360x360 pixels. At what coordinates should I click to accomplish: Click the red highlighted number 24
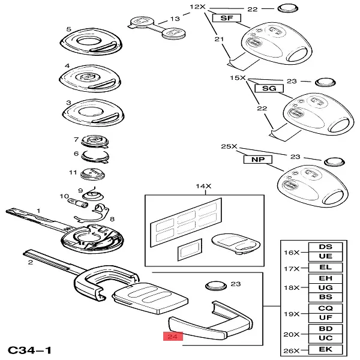click(173, 337)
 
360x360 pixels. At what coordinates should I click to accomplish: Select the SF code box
click(226, 19)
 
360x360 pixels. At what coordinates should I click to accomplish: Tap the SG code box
click(269, 88)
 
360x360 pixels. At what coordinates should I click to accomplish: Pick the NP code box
click(257, 160)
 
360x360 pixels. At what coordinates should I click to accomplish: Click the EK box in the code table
click(325, 349)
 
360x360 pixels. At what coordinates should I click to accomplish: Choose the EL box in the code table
click(325, 267)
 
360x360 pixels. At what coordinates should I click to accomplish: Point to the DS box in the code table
click(325, 247)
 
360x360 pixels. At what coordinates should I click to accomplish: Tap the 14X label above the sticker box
click(200, 187)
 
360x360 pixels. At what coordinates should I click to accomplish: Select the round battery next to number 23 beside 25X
click(333, 161)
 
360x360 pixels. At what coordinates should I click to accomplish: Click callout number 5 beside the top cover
click(68, 29)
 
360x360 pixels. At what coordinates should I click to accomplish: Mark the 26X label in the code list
click(291, 349)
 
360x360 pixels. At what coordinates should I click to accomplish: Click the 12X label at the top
click(197, 7)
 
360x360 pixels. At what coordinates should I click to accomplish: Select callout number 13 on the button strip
click(175, 19)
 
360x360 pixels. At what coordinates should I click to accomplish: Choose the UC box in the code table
click(325, 338)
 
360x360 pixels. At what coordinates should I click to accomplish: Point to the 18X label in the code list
click(291, 287)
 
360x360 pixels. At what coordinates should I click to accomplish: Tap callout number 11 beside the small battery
click(73, 173)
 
